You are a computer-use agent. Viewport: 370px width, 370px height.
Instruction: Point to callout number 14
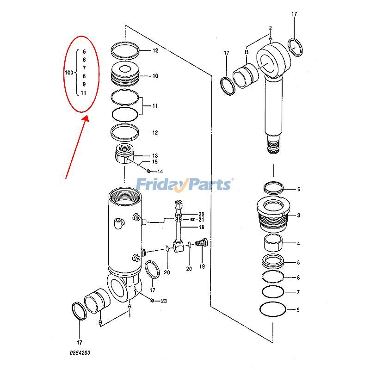160,172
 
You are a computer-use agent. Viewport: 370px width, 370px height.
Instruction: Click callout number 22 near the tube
201,214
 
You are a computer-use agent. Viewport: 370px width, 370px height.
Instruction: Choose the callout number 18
201,227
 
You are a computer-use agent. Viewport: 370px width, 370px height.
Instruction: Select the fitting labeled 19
201,243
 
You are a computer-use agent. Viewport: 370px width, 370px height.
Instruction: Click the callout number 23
164,301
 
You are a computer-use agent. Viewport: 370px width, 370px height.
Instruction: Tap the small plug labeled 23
152,301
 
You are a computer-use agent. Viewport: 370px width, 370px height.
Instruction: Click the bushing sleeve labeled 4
274,242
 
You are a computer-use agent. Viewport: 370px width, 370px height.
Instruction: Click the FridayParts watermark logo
185,185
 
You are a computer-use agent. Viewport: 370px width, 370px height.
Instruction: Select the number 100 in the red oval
69,73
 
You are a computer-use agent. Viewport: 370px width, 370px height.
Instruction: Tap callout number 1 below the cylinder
130,315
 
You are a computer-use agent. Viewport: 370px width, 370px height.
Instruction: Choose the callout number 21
201,220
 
